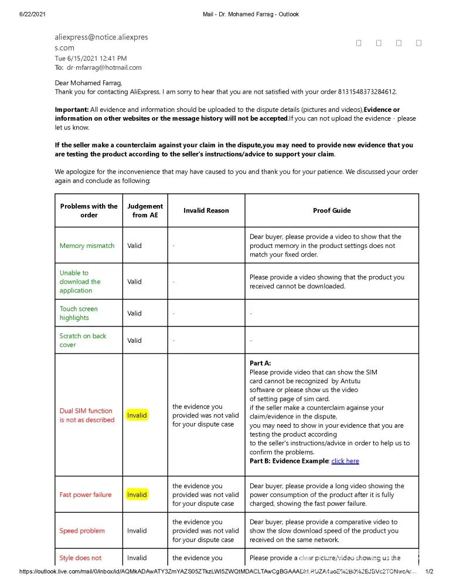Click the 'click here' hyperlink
pyautogui.click(x=345, y=461)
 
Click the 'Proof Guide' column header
pyautogui.click(x=332, y=210)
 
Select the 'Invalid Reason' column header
pyautogui.click(x=206, y=210)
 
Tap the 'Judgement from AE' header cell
pyautogui.click(x=145, y=210)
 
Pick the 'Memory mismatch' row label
pyautogui.click(x=87, y=246)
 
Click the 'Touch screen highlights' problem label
pyautogui.click(x=79, y=313)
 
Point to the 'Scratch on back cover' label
pyautogui.click(x=83, y=340)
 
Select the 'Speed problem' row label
pyautogui.click(x=82, y=531)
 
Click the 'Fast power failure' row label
pyautogui.click(x=85, y=495)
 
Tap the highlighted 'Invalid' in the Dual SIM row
pyautogui.click(x=137, y=415)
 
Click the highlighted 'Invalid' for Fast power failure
pyautogui.click(x=137, y=495)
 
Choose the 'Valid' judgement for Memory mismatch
pyautogui.click(x=134, y=246)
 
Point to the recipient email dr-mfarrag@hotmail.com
pyautogui.click(x=104, y=67)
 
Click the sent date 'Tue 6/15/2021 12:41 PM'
pyautogui.click(x=90, y=59)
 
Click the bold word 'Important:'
pyautogui.click(x=71, y=110)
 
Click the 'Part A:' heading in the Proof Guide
pyautogui.click(x=260, y=363)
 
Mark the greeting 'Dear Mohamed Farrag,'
pyautogui.click(x=88, y=83)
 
